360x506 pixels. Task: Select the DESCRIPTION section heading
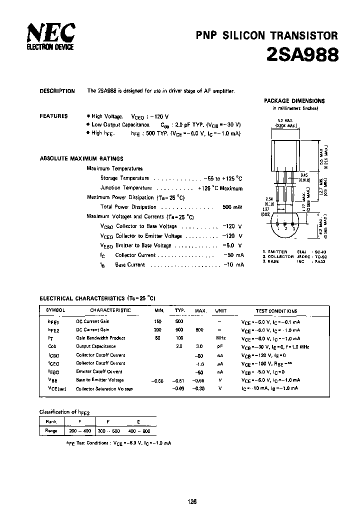coord(57,91)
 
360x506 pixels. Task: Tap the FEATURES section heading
coord(53,116)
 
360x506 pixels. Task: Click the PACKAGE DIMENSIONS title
coord(294,101)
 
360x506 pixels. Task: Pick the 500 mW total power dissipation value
coord(232,207)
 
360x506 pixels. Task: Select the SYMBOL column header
coord(56,310)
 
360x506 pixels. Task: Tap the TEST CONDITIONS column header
coord(276,310)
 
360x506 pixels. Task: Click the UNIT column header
coord(220,310)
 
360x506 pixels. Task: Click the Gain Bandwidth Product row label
coord(100,338)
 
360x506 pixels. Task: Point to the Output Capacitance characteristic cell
coord(95,346)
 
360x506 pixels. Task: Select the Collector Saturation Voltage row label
coord(104,388)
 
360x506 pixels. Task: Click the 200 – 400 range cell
coord(80,430)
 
